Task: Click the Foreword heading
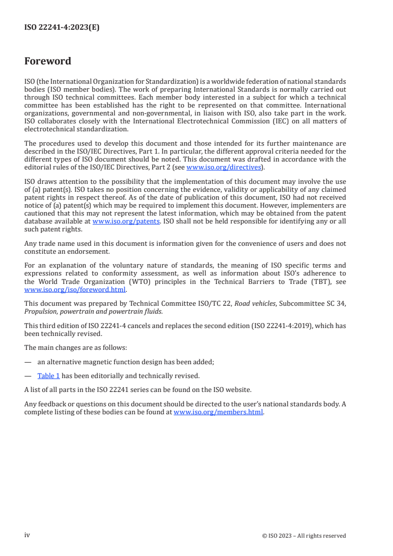coord(48,61)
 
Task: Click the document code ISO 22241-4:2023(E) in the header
coord(61,28)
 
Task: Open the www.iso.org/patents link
coord(126,222)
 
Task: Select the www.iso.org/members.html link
coord(218,412)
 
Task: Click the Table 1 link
coord(49,376)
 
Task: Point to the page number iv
coord(27,535)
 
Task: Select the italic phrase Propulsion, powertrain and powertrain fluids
coord(93,311)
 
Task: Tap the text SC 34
coord(337,303)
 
